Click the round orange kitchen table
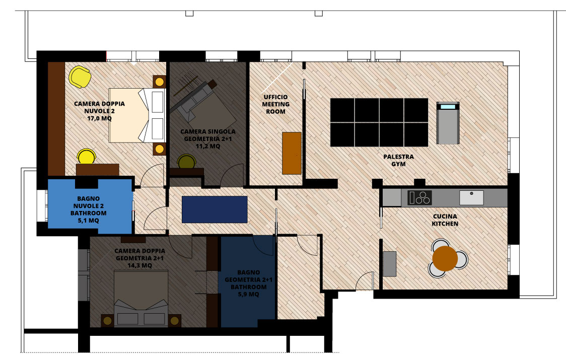point(445,258)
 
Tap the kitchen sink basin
point(471,197)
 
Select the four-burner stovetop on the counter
point(419,197)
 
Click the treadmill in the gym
point(448,123)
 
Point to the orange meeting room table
point(292,153)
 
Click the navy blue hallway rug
point(215,209)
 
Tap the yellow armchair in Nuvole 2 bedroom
point(80,77)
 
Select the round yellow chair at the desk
point(87,157)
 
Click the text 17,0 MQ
point(99,118)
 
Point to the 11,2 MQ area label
point(208,146)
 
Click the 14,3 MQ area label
point(139,265)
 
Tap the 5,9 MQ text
point(248,294)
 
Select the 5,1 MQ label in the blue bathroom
point(89,220)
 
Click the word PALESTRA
point(398,157)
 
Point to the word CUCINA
point(445,217)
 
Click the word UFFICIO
point(276,97)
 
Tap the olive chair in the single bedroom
point(187,162)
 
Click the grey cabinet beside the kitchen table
point(389,264)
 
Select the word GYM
point(398,164)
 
